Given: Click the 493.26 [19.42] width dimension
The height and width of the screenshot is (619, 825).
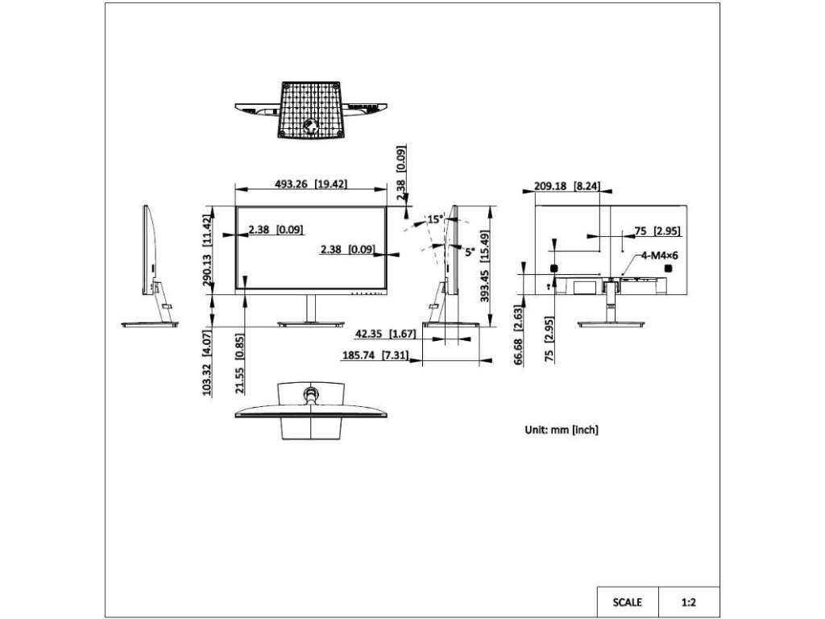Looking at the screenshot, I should click(x=311, y=184).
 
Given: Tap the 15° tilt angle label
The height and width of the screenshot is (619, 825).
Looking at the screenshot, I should click(x=435, y=219).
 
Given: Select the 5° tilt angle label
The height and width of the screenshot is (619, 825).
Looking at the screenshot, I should click(x=469, y=251).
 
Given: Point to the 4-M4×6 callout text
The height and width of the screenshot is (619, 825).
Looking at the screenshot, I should click(x=660, y=255).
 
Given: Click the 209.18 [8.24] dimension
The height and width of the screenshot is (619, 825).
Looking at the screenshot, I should click(x=567, y=185).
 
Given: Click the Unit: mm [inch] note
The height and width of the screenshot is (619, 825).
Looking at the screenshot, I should click(x=562, y=430).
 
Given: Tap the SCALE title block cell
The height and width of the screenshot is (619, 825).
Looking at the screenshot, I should click(x=628, y=601).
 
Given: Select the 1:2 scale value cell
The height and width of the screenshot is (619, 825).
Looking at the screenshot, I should click(x=689, y=601).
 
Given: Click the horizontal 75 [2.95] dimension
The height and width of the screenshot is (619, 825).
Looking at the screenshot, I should click(x=657, y=231).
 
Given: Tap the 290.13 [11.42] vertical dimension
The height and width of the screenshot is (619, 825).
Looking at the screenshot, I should click(x=207, y=250).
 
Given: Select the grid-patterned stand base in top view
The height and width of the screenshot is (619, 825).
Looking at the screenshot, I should click(x=310, y=110).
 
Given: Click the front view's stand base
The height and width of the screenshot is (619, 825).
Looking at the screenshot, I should click(x=309, y=325).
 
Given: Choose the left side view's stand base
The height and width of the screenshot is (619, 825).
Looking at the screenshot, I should click(x=151, y=324).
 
